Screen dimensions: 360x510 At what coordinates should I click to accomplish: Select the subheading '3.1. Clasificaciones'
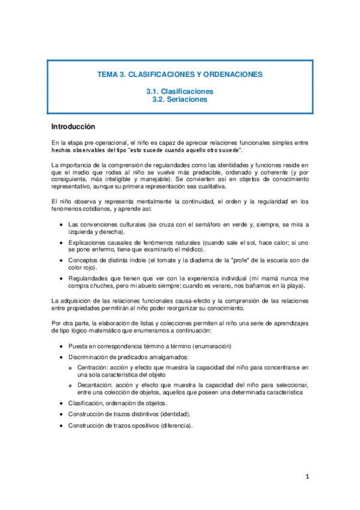(180, 91)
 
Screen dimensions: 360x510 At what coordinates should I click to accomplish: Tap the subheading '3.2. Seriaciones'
(180, 100)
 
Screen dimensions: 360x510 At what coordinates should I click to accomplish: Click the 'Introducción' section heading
(73, 127)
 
